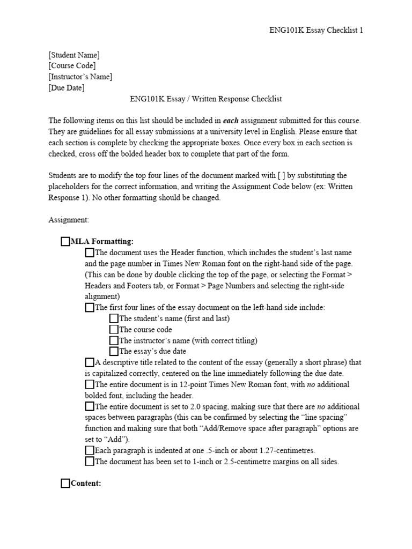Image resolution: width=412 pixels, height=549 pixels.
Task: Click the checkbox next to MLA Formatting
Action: pyautogui.click(x=65, y=241)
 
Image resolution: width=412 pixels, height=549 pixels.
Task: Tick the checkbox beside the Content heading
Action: pyautogui.click(x=65, y=484)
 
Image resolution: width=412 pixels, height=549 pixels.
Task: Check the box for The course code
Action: pyautogui.click(x=114, y=330)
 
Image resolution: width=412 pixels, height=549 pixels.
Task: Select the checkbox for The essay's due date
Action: pyautogui.click(x=114, y=352)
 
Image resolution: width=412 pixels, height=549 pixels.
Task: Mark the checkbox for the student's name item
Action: pyautogui.click(x=114, y=318)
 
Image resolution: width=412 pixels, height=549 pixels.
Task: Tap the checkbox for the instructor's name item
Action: pyautogui.click(x=114, y=340)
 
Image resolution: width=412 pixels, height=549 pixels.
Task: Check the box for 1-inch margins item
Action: pyautogui.click(x=90, y=462)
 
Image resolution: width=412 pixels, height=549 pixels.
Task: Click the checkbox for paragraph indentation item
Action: pyautogui.click(x=90, y=450)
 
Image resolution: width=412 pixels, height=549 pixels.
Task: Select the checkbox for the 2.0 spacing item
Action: pyautogui.click(x=90, y=406)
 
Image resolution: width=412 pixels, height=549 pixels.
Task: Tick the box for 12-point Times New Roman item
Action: pyautogui.click(x=90, y=384)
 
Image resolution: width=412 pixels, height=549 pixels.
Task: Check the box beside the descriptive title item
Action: pyautogui.click(x=90, y=362)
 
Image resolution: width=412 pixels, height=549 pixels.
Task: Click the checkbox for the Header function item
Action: pyautogui.click(x=90, y=253)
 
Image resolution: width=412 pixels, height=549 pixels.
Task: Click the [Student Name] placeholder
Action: pyautogui.click(x=73, y=55)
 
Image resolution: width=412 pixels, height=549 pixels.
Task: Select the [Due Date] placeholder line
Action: pyautogui.click(x=67, y=88)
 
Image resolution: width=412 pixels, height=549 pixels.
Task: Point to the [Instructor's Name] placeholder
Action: pyautogui.click(x=80, y=77)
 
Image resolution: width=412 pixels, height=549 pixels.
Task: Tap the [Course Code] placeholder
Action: pyautogui.click(x=72, y=66)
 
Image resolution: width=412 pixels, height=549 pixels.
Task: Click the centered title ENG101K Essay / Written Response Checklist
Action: pyautogui.click(x=205, y=99)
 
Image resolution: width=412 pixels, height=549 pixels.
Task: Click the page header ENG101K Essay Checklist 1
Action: pyautogui.click(x=316, y=30)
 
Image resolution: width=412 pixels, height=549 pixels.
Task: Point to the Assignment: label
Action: pyautogui.click(x=69, y=220)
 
